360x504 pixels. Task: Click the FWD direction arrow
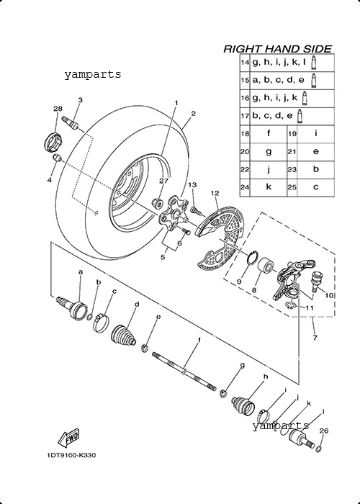coord(68,437)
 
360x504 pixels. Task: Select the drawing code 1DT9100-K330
coord(71,456)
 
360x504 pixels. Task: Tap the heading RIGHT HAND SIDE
coord(277,49)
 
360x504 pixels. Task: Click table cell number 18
coord(245,133)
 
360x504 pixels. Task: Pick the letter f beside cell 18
coord(269,132)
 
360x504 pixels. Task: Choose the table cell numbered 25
coord(292,187)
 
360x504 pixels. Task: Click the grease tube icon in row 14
coord(314,63)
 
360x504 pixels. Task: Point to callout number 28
coord(58,109)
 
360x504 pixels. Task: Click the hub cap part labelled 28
coord(53,141)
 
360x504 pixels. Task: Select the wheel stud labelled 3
coord(71,123)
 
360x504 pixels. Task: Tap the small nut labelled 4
coord(57,158)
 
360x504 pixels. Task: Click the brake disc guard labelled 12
coord(220,238)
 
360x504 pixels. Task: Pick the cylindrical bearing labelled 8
coord(266,266)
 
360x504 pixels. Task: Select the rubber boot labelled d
coord(124,336)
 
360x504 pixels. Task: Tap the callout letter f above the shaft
coord(199,340)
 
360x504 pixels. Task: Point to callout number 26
coord(324,431)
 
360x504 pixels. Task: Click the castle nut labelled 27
coord(157,203)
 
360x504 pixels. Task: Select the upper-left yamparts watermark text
coord(93,74)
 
